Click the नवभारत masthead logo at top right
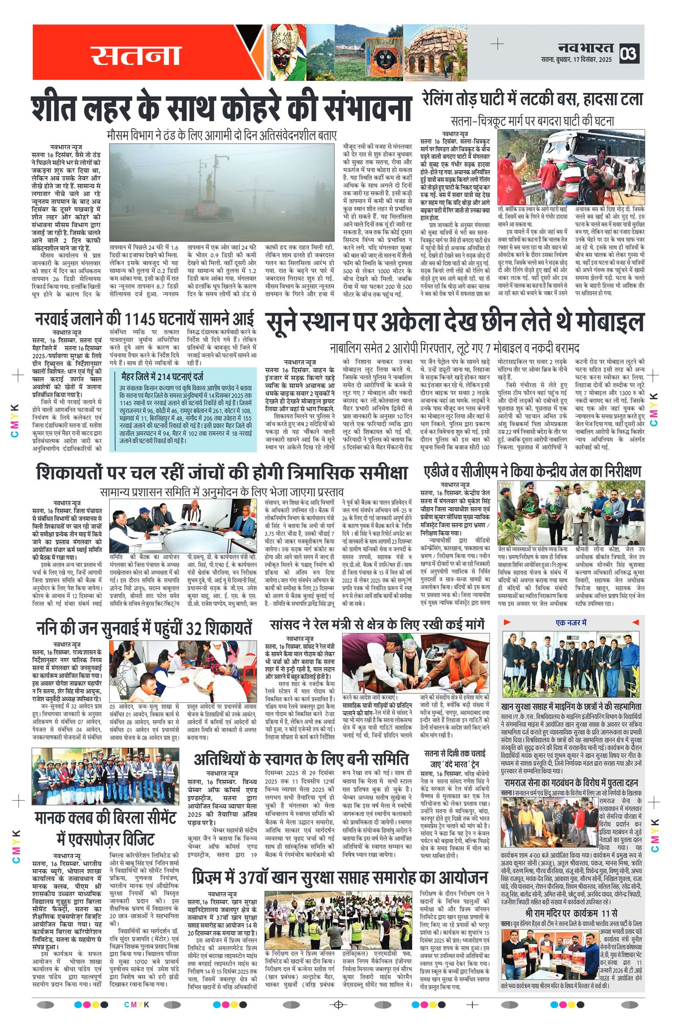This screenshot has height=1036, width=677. click(x=586, y=47)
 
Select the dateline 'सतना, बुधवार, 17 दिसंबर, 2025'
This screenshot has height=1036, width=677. click(x=576, y=59)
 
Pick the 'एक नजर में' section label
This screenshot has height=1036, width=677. click(x=571, y=622)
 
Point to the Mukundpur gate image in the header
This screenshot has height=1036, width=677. click(x=435, y=52)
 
